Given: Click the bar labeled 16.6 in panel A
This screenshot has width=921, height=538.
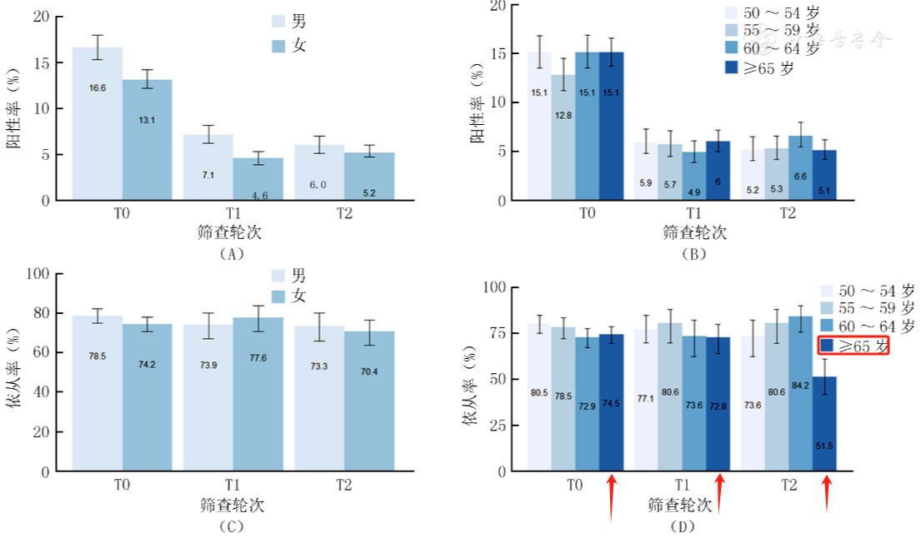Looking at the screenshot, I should coord(97,124).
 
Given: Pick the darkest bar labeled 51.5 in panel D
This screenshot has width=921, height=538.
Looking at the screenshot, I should coord(824,424).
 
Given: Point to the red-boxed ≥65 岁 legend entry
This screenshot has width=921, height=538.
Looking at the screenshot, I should coord(853,346).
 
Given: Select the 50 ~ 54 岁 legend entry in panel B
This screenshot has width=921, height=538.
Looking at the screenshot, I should coord(770,13).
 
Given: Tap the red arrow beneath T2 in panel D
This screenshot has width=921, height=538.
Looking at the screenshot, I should coord(825,493).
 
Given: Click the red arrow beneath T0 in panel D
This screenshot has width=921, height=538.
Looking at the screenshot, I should coord(611,497).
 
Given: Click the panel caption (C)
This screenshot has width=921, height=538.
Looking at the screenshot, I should coord(230,526).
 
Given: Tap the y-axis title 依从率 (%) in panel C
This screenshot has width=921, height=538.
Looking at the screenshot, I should coord(16,372).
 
